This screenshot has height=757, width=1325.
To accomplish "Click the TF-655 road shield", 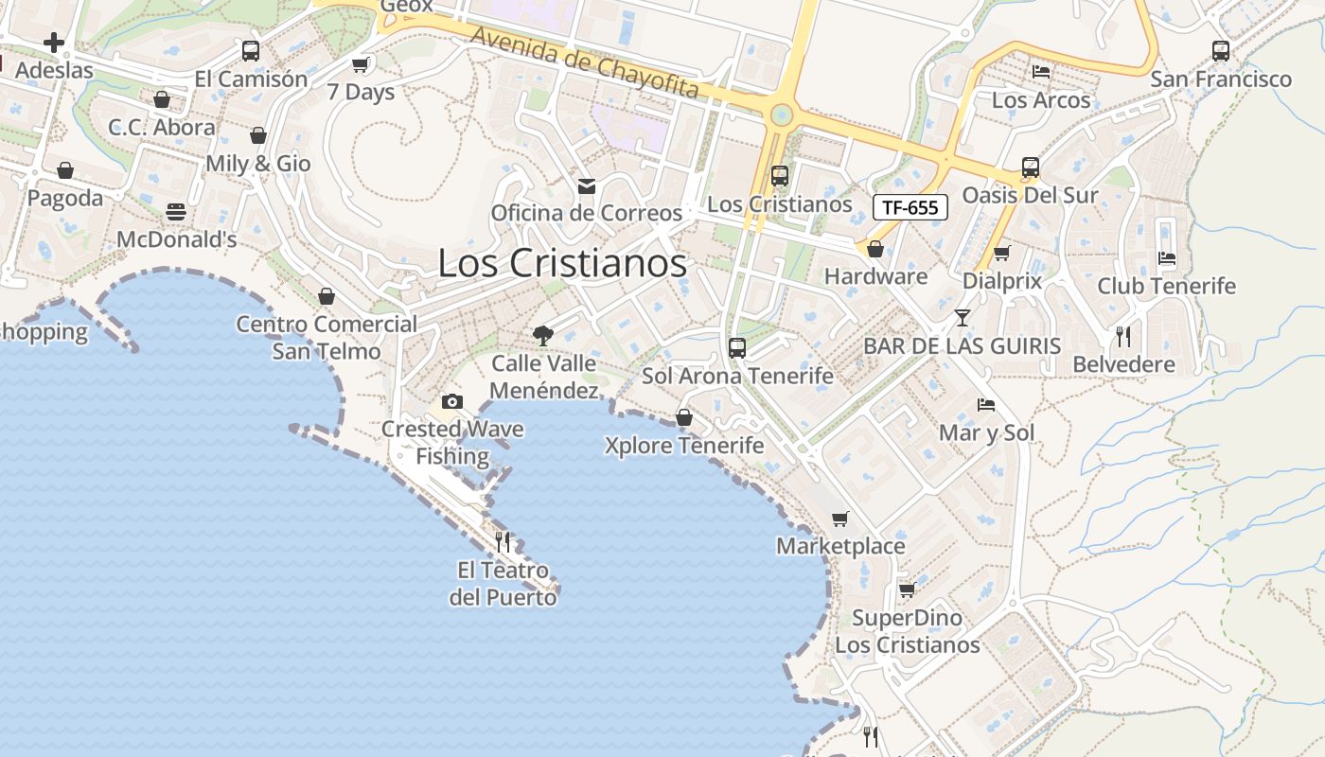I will click(910, 207).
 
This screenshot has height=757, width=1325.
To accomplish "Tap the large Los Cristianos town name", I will click(562, 263).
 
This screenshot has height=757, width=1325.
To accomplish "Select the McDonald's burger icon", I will click(176, 212).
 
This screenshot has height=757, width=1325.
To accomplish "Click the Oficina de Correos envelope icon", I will click(587, 185).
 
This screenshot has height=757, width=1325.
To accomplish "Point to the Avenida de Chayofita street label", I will click(585, 63).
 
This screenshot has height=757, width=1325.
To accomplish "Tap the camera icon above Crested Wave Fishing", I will click(452, 401).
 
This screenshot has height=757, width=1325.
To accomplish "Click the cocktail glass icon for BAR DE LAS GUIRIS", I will click(963, 317).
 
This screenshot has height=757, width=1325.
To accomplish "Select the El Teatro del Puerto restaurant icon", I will click(503, 542).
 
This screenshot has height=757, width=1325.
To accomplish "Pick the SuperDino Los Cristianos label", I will click(907, 631).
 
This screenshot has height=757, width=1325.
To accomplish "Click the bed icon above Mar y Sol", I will click(986, 405).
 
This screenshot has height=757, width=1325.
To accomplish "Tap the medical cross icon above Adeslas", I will click(54, 42).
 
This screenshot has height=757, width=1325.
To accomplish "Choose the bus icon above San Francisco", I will click(1221, 51).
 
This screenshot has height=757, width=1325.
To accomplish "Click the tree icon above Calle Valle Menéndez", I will click(543, 334).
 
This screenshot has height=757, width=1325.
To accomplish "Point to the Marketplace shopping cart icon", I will click(839, 519).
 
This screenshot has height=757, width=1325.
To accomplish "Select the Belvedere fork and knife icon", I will click(1123, 336).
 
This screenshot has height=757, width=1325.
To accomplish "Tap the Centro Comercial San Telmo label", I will click(327, 338).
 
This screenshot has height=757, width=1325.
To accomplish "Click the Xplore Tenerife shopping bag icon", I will click(683, 417).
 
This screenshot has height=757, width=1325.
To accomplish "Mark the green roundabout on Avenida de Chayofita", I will click(781, 115).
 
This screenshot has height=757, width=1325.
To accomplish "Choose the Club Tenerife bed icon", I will click(1167, 257).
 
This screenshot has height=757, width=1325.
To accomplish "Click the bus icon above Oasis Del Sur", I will click(1030, 167).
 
